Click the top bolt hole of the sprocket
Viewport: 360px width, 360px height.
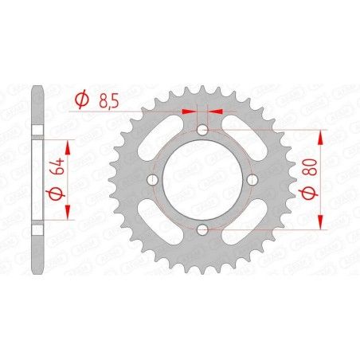pyautogui.click(x=202, y=130)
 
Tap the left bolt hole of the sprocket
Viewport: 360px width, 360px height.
pyautogui.click(x=152, y=180)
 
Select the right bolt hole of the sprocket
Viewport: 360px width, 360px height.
pyautogui.click(x=252, y=180)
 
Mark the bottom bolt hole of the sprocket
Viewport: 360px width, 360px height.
pyautogui.click(x=202, y=230)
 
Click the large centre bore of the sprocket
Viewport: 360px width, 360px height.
pyautogui.click(x=202, y=180)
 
